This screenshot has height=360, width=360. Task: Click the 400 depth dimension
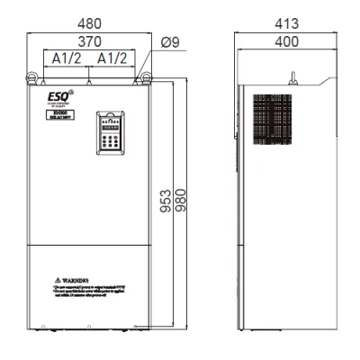(286, 41)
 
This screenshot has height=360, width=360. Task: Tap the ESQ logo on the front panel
(55, 93)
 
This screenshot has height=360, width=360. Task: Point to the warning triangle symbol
(57, 282)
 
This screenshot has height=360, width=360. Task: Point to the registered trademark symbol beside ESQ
(71, 88)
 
